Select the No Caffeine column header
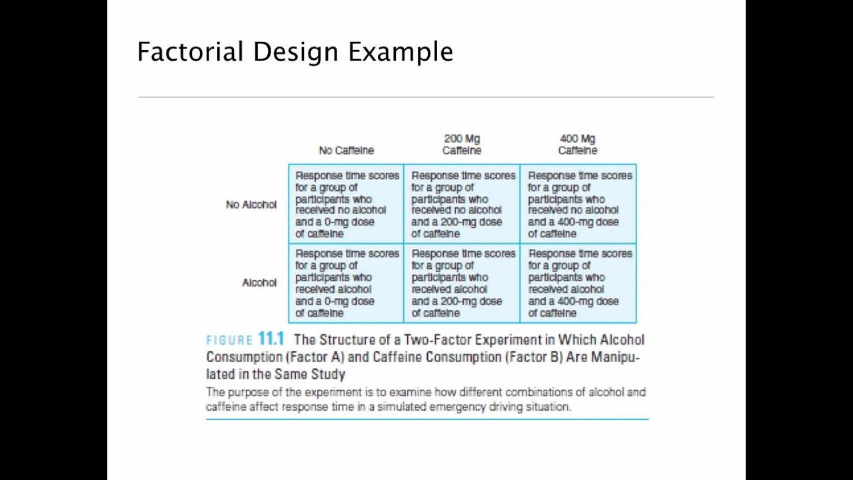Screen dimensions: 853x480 tap(346, 151)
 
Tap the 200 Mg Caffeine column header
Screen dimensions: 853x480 tap(462, 145)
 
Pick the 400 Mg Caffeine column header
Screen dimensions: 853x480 tap(578, 145)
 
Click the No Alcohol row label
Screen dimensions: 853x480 tap(251, 205)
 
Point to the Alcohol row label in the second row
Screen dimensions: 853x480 tap(259, 283)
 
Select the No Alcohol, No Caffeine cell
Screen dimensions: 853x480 tap(346, 204)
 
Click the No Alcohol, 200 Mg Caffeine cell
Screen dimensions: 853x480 tap(462, 204)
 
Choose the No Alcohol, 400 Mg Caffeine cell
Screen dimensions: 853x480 tap(578, 204)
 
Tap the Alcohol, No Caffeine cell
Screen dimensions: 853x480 tap(346, 283)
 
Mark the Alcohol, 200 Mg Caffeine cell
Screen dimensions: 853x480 tap(462, 283)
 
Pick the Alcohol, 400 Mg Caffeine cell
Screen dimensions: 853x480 tap(578, 283)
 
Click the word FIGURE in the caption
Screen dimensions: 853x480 tap(229, 340)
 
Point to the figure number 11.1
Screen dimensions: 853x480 tap(271, 339)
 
